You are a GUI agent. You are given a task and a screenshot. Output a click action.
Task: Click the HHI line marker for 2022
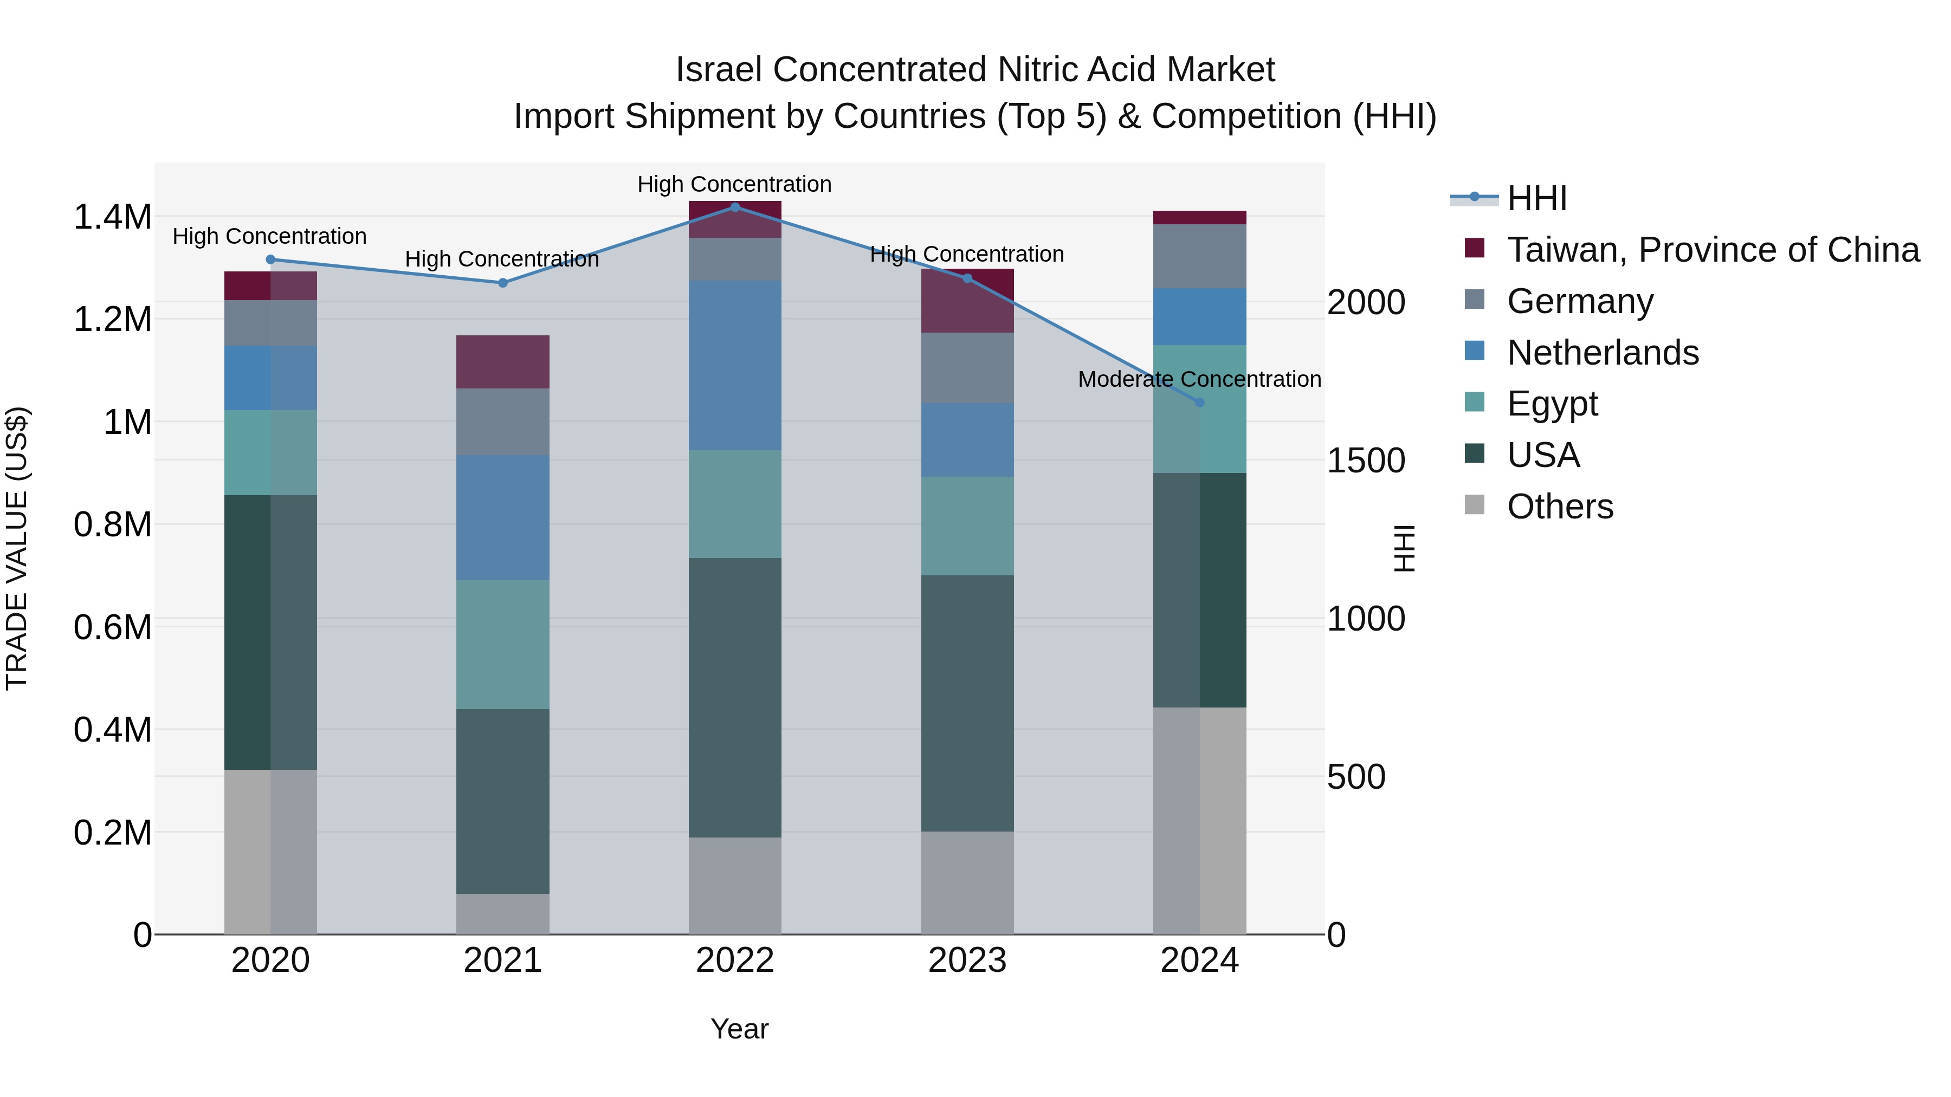point(735,207)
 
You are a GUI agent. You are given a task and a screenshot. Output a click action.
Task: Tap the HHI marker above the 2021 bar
point(502,282)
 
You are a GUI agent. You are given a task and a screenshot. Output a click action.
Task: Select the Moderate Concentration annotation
point(1199,379)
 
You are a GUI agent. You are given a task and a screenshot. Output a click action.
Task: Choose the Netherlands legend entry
point(1602,353)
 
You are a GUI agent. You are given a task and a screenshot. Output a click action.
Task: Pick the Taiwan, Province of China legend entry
point(1711,250)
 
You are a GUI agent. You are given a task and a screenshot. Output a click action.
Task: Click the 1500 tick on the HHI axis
point(1366,460)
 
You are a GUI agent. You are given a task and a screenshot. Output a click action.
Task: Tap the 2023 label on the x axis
point(967,960)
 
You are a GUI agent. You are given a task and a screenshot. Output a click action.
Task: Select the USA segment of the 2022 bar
point(735,697)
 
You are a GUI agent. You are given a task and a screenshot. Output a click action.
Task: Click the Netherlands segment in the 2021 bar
point(502,517)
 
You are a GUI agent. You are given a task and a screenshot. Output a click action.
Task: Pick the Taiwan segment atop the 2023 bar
point(967,301)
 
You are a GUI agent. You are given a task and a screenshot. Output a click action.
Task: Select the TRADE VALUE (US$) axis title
point(17,548)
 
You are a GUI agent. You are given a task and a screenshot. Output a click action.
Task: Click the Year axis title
point(739,1029)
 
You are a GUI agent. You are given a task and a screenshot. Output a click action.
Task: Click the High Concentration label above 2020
point(270,236)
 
